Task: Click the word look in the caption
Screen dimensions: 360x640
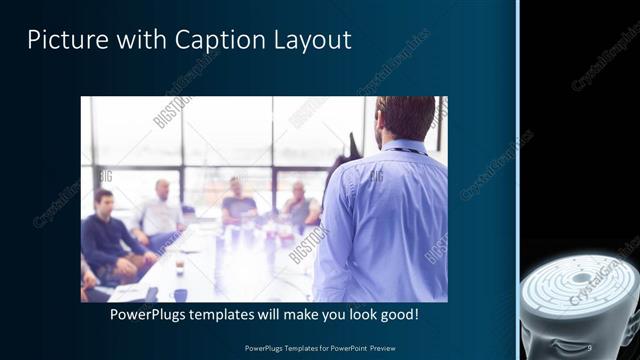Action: point(352,314)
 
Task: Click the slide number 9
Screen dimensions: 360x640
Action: point(590,347)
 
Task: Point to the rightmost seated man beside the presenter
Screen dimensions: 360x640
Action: point(299,204)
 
